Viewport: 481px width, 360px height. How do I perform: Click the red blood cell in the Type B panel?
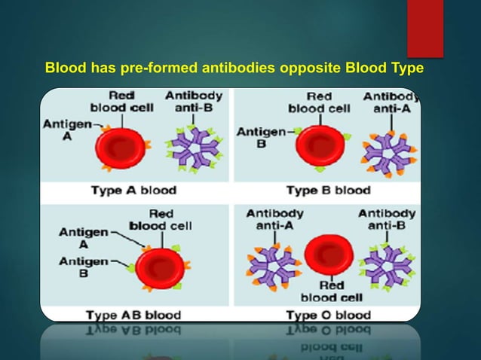[x=320, y=145]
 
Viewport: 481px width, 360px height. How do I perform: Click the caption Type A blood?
[x=133, y=191]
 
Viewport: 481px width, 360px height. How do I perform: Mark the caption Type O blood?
[x=328, y=314]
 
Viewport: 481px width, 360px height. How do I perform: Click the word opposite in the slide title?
[x=311, y=70]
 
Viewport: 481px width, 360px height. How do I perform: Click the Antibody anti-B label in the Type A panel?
[x=194, y=102]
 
